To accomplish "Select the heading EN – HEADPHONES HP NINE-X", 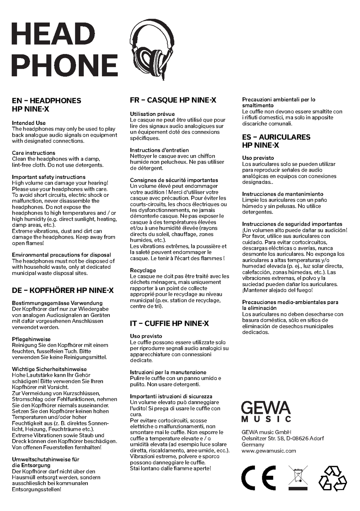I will pyautogui.click(x=46, y=105).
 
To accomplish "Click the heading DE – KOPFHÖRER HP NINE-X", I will pyautogui.click(x=63, y=290).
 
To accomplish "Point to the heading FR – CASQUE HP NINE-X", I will pyautogui.click(x=173, y=100).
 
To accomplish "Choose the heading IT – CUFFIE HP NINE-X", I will pyautogui.click(x=169, y=324).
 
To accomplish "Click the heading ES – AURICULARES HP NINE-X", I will pyautogui.click(x=276, y=141).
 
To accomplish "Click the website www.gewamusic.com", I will pyautogui.click(x=269, y=451).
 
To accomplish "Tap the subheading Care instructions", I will pyautogui.click(x=33, y=153).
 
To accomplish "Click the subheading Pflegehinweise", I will pyautogui.click(x=31, y=339).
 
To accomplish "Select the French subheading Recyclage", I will pyautogui.click(x=143, y=270).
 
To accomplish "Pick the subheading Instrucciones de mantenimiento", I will pyautogui.click(x=283, y=194).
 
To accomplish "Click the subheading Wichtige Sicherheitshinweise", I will pyautogui.click(x=49, y=369).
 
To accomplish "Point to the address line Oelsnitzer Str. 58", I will pyautogui.click(x=283, y=438).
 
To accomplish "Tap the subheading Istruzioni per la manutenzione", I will pyautogui.click(x=168, y=372).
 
